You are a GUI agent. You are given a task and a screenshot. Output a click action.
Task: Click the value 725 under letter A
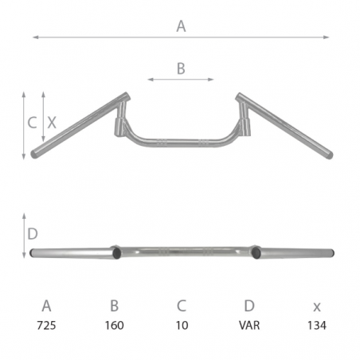click(46, 325)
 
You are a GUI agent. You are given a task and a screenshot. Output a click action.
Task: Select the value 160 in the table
click(115, 325)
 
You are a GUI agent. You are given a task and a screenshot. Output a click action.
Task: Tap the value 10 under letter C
click(182, 325)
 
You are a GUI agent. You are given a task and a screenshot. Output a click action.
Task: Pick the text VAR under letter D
click(249, 325)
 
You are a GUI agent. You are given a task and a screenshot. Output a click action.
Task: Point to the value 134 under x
click(317, 325)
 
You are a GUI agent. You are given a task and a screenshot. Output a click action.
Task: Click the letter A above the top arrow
click(181, 26)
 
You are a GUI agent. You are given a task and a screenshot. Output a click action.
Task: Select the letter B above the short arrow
click(181, 68)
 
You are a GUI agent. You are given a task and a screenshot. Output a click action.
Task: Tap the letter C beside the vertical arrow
click(32, 123)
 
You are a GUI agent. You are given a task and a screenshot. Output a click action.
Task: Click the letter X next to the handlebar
click(52, 123)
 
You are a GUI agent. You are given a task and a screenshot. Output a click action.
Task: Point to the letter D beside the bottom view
click(33, 234)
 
